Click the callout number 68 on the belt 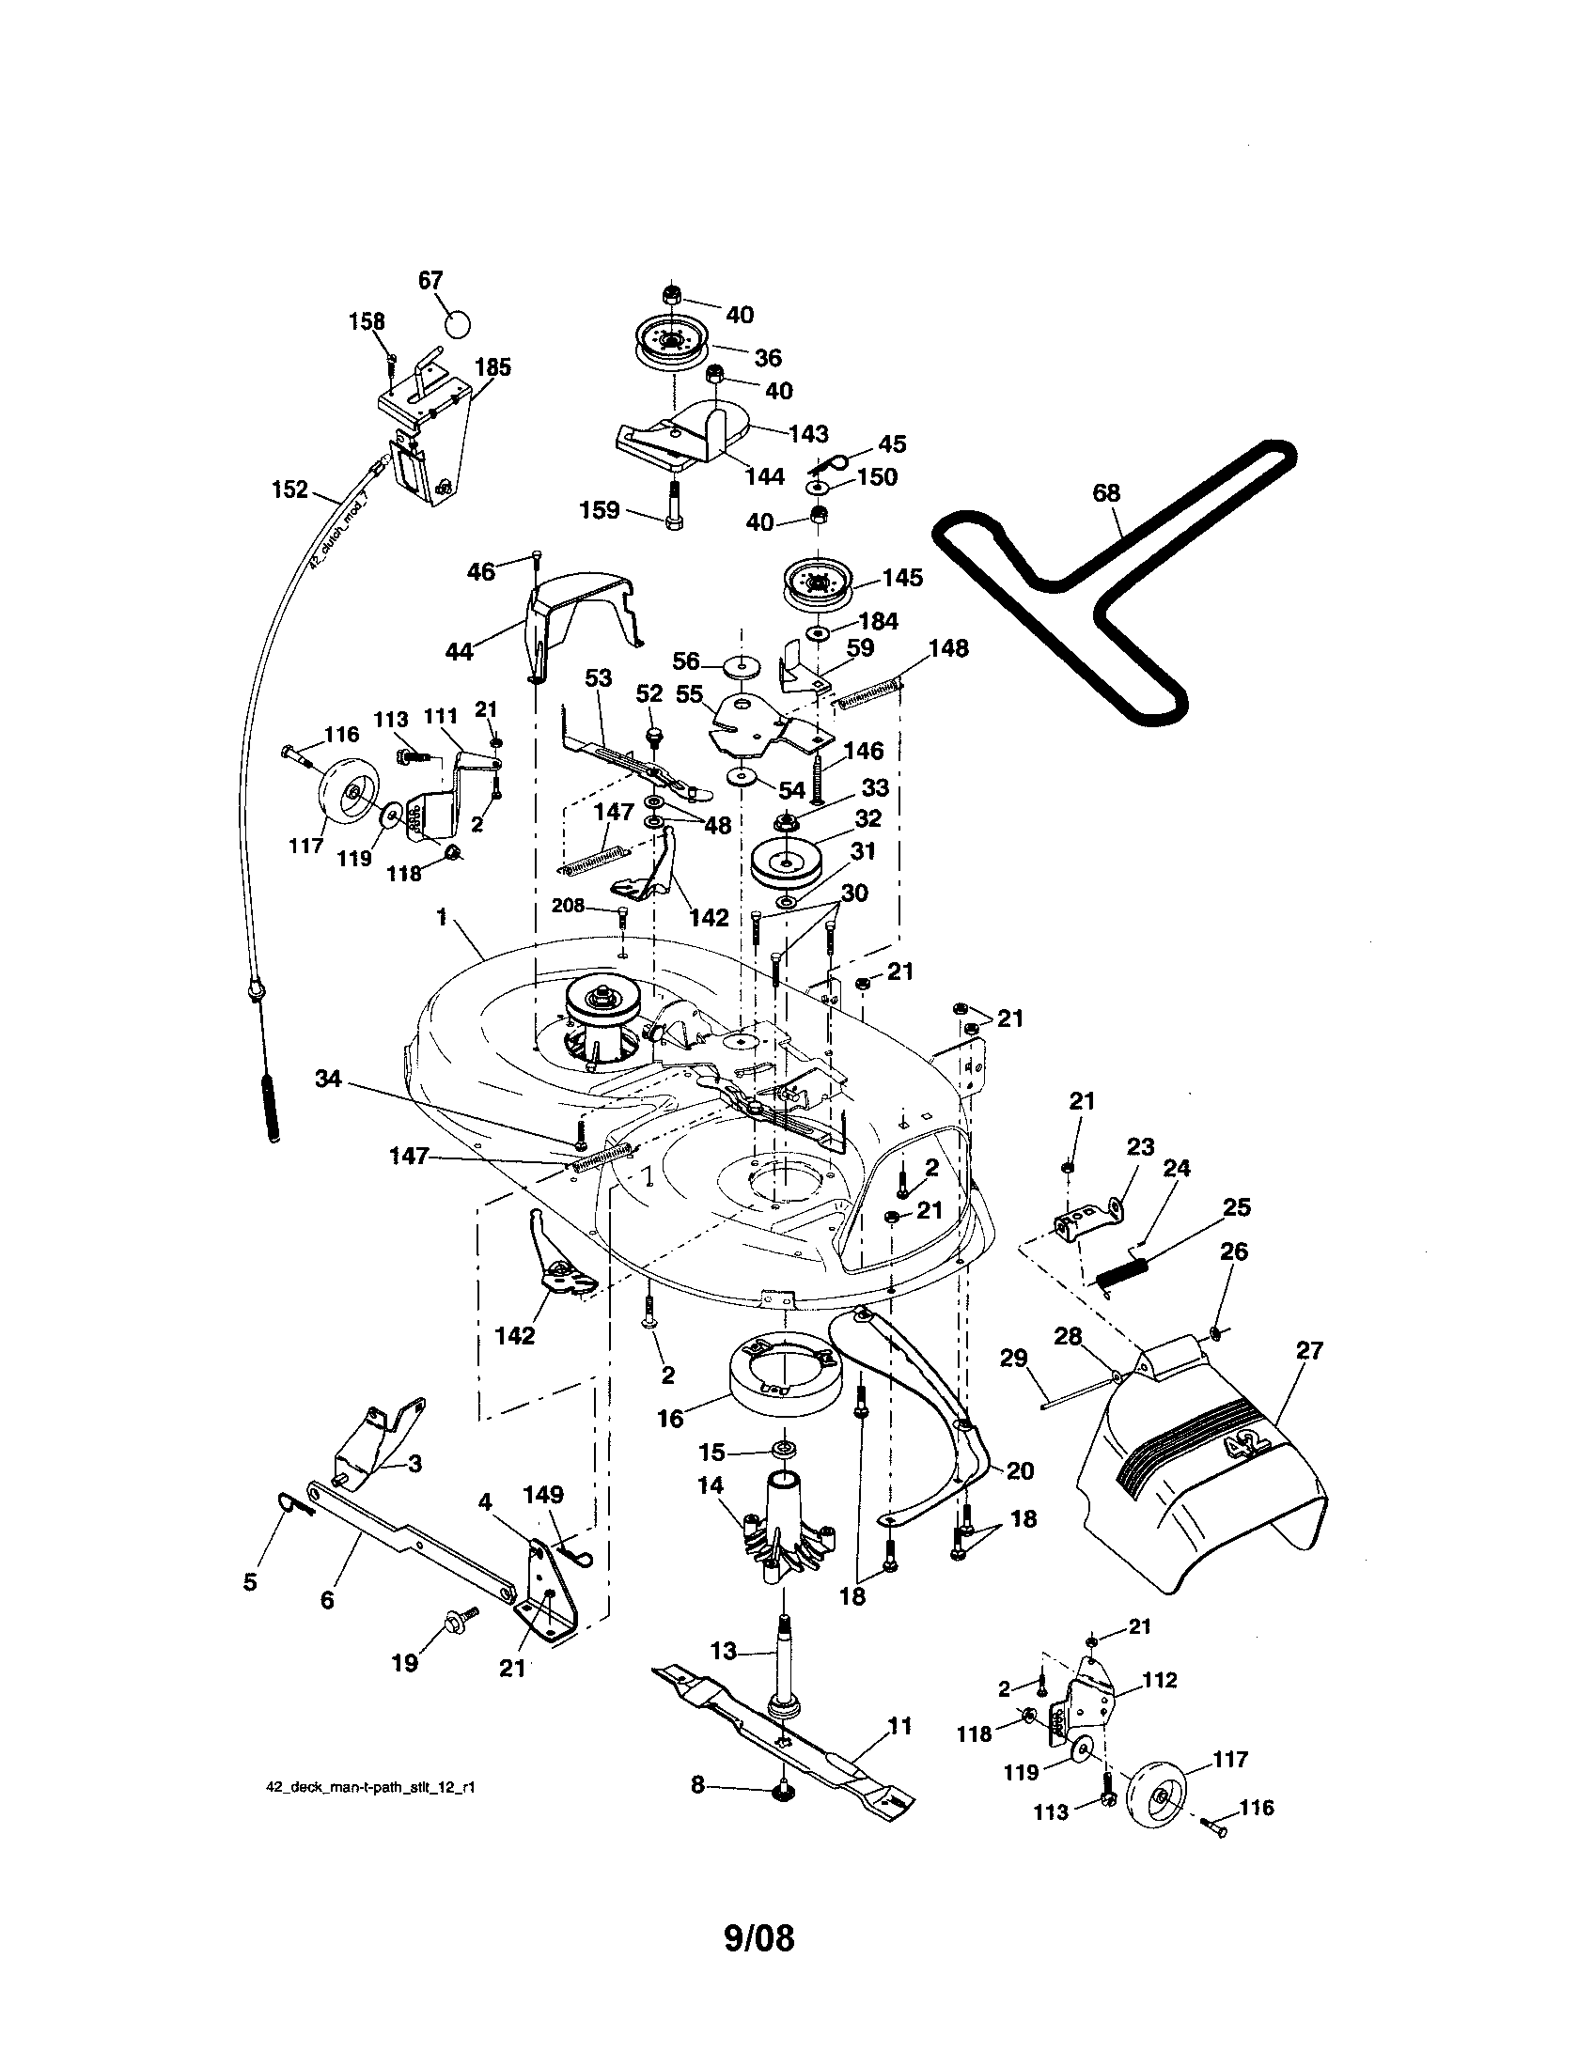pyautogui.click(x=1105, y=493)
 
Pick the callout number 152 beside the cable pyautogui.click(x=289, y=490)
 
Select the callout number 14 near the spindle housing pyautogui.click(x=710, y=1487)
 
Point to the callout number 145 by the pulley pyautogui.click(x=902, y=577)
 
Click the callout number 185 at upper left pyautogui.click(x=492, y=367)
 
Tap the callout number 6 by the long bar pyautogui.click(x=327, y=1599)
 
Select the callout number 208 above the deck pyautogui.click(x=568, y=906)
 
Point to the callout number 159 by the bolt pyautogui.click(x=600, y=510)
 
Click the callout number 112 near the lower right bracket pyautogui.click(x=1160, y=1680)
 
